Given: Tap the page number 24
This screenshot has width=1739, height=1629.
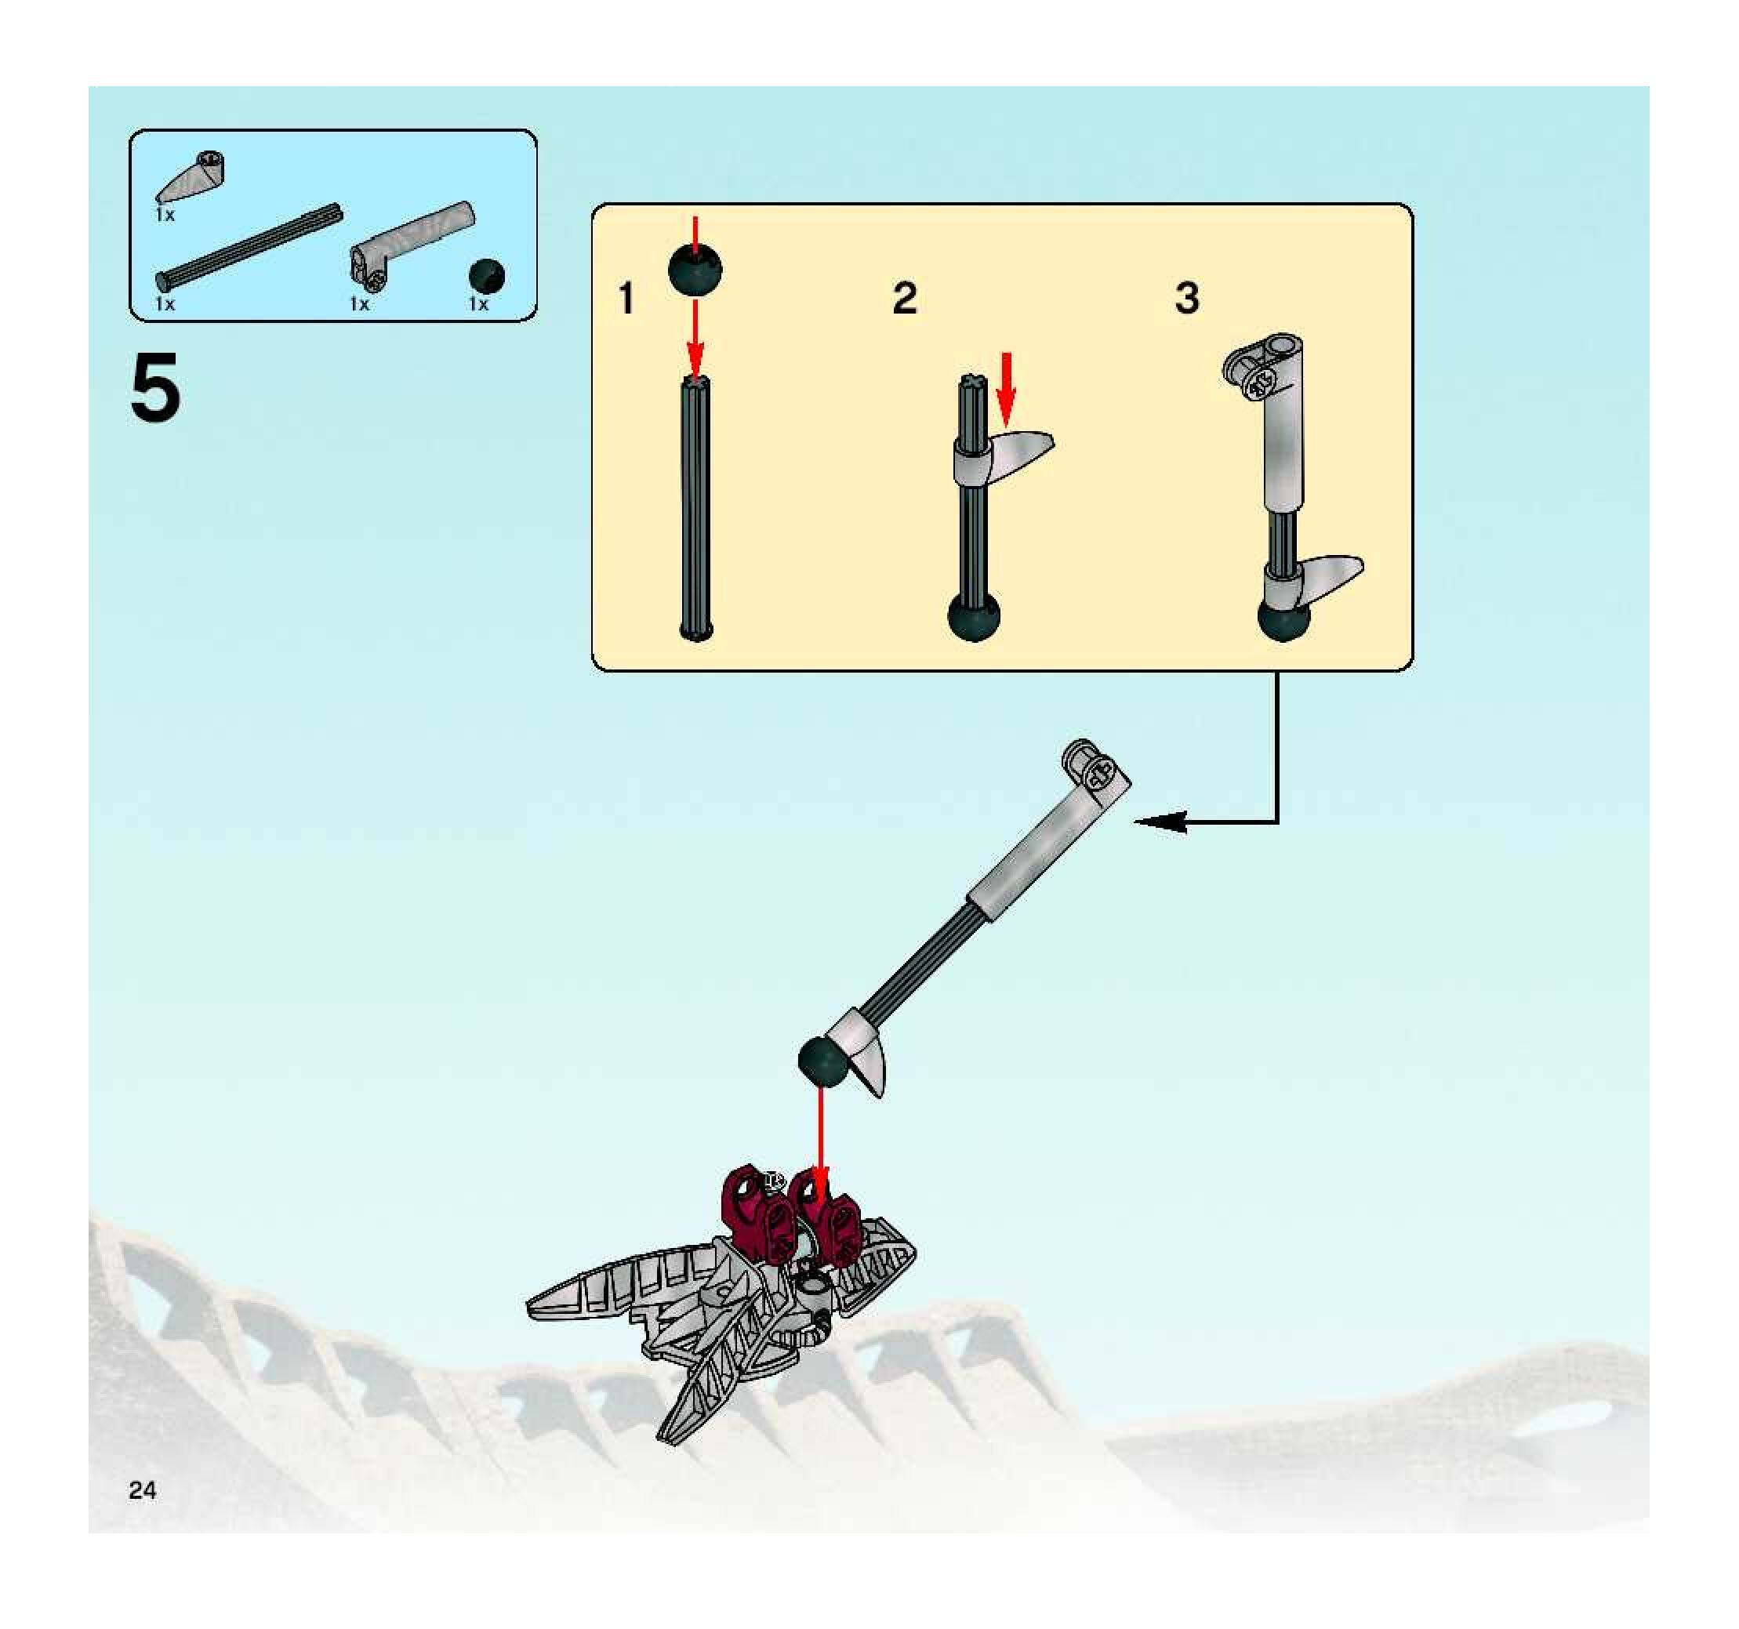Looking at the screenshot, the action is [142, 1490].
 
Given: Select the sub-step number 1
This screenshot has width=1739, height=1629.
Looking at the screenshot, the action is [626, 298].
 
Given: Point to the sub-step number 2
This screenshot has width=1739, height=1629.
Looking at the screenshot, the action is [905, 298].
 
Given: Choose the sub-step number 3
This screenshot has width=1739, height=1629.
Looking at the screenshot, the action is [1186, 298].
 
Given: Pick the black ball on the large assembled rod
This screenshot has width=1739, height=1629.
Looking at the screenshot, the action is [824, 1061].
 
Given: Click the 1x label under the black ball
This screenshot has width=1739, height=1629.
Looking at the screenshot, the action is [477, 304].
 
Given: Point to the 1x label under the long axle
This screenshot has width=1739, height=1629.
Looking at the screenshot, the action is [165, 304].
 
